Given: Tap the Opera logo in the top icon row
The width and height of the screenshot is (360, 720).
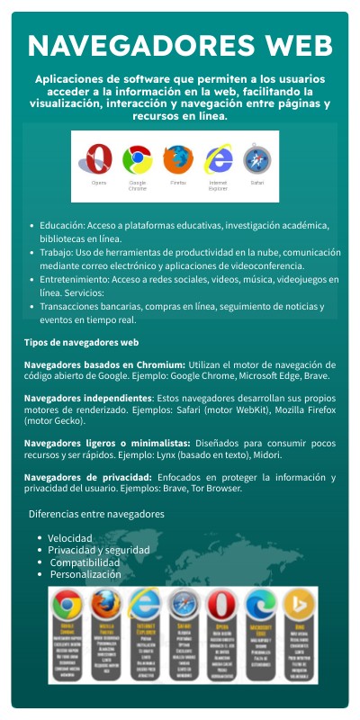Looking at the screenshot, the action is click(x=99, y=159).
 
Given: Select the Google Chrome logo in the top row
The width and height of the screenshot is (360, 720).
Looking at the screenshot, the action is click(x=137, y=159).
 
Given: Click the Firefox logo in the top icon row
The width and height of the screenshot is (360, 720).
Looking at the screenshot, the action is click(x=178, y=159).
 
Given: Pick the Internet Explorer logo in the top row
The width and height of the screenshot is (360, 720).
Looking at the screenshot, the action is click(x=218, y=159).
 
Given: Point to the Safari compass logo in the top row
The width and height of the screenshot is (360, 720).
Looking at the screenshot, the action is click(x=256, y=159).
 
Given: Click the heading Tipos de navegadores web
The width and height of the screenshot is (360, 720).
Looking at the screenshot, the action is click(x=81, y=343).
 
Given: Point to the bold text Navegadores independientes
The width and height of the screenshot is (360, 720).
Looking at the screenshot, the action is click(x=88, y=398).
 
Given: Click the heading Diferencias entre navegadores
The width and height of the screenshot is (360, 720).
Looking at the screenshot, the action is click(x=96, y=514).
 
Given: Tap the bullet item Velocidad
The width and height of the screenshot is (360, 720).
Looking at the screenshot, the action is click(x=70, y=537).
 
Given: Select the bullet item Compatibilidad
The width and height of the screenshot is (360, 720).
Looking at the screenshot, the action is click(x=84, y=562).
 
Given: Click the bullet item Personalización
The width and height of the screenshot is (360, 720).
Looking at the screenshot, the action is click(x=85, y=574).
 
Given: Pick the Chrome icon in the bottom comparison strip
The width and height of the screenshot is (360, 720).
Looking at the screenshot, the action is click(x=67, y=603).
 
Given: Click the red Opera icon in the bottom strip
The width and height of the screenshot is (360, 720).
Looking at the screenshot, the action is click(x=220, y=603).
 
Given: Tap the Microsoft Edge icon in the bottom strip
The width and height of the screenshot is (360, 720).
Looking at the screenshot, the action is click(x=260, y=603).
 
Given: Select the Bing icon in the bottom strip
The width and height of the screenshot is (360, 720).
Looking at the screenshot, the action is click(x=299, y=603).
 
